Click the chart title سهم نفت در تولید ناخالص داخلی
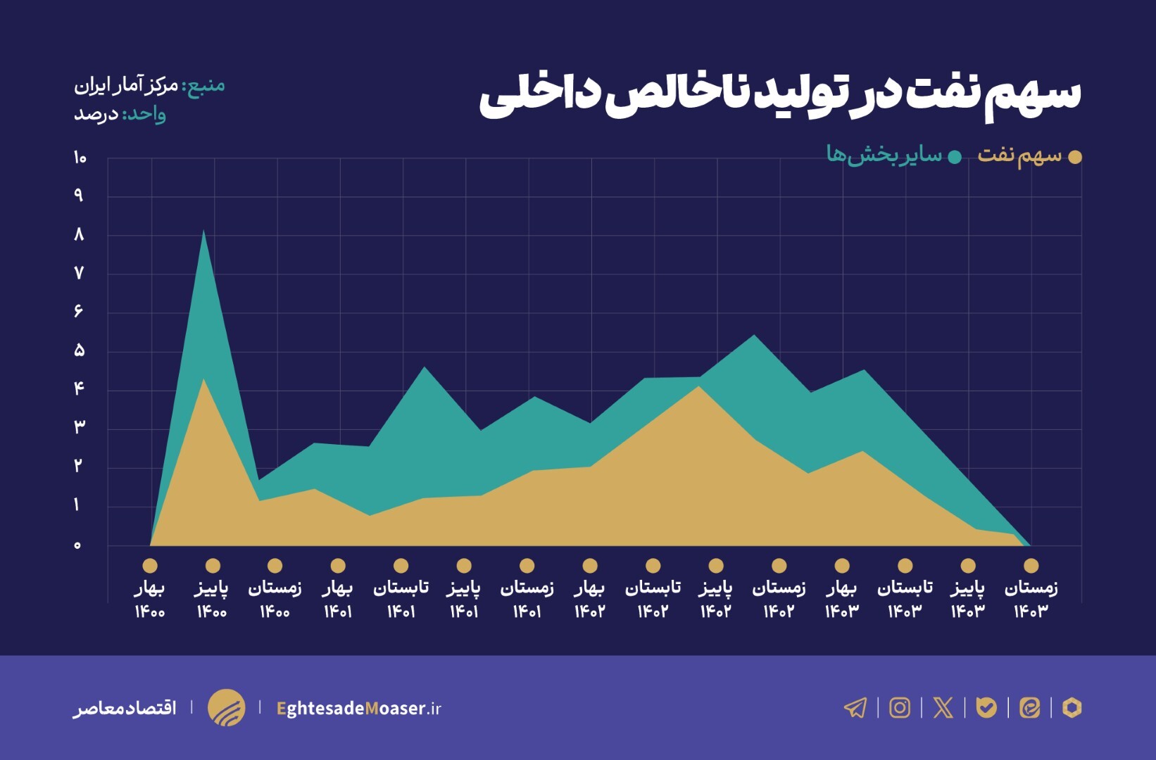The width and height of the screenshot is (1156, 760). pyautogui.click(x=779, y=94)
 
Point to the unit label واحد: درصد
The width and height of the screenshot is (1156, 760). pyautogui.click(x=120, y=114)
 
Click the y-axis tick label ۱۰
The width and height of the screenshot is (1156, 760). pyautogui.click(x=80, y=158)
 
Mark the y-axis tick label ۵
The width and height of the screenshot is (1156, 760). pyautogui.click(x=79, y=350)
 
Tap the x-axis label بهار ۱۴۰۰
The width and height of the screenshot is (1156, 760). pyautogui.click(x=149, y=599)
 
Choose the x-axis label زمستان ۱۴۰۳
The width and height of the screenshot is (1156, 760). pyautogui.click(x=1031, y=599)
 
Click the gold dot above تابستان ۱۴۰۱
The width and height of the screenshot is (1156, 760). pyautogui.click(x=401, y=566)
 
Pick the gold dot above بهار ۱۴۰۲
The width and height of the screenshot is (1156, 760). pyautogui.click(x=590, y=566)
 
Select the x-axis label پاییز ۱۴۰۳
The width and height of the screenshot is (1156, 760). pyautogui.click(x=968, y=599)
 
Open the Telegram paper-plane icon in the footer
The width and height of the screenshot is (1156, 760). pyautogui.click(x=855, y=707)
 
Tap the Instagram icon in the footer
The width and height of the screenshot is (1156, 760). pyautogui.click(x=899, y=707)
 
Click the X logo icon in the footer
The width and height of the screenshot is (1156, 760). pyautogui.click(x=943, y=707)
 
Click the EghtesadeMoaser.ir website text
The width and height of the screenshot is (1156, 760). pyautogui.click(x=359, y=708)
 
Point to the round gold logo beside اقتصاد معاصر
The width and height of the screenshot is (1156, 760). pyautogui.click(x=226, y=707)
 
